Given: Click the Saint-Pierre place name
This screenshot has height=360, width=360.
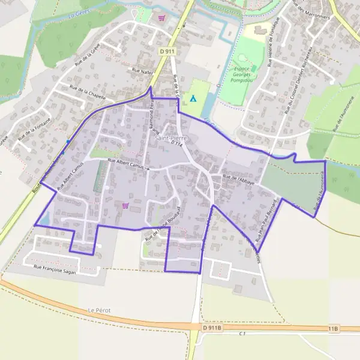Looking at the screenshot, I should pos(171,138).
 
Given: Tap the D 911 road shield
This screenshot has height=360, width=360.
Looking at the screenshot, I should pos(167,52).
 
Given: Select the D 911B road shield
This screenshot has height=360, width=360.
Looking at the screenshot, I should pos(212,328).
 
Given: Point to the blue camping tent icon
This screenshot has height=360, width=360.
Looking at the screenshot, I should pos(193,98).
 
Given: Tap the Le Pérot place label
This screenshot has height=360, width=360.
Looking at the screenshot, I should pos(99,310).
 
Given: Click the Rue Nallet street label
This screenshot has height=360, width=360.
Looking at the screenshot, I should pos(143,70).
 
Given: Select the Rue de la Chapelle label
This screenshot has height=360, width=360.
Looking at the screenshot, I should pos(88,94).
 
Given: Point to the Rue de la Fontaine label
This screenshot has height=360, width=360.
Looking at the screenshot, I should pos(34,130).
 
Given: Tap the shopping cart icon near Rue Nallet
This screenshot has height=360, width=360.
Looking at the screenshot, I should pos(161,17).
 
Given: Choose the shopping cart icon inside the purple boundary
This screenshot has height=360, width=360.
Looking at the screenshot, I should pos(125,205).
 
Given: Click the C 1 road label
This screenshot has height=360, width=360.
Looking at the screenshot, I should pos(243,334).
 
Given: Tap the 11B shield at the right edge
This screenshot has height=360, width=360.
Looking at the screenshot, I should pos(334,328).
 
